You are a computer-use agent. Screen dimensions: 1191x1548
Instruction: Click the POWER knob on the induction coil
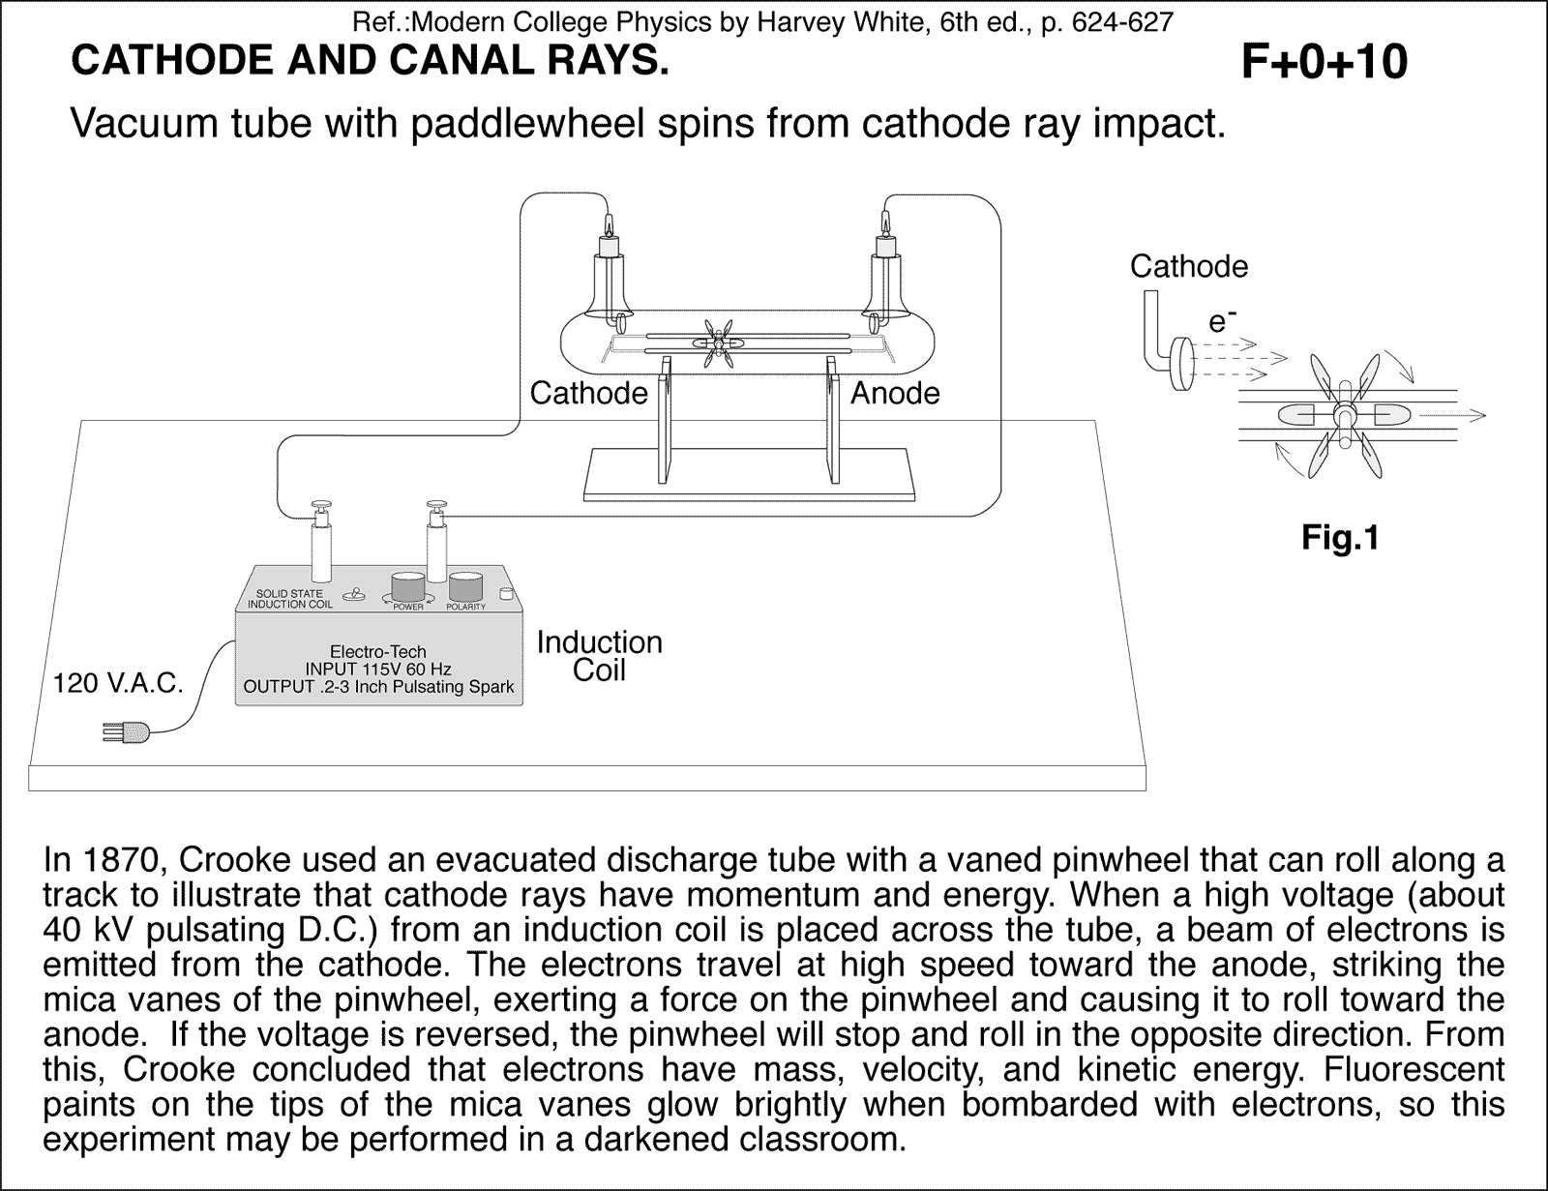[407, 587]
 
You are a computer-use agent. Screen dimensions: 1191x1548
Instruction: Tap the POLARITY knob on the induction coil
[466, 587]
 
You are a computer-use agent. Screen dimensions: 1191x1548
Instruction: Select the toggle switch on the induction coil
[357, 596]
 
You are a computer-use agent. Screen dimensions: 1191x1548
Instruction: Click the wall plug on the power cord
[126, 733]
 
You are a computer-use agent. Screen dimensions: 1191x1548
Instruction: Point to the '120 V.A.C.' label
[119, 684]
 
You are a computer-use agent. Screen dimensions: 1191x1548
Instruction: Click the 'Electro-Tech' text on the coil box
[377, 652]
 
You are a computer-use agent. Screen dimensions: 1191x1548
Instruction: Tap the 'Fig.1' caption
[1340, 538]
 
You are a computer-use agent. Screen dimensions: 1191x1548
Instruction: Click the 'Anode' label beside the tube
[895, 393]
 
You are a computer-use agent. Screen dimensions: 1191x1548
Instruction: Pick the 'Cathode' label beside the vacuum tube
[588, 393]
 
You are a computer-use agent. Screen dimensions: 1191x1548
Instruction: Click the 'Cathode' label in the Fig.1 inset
[1189, 266]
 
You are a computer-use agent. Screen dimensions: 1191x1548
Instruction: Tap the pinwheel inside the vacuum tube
[718, 343]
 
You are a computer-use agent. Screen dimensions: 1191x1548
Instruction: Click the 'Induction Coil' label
[599, 656]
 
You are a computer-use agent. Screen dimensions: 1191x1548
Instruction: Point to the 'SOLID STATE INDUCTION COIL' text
[289, 599]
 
